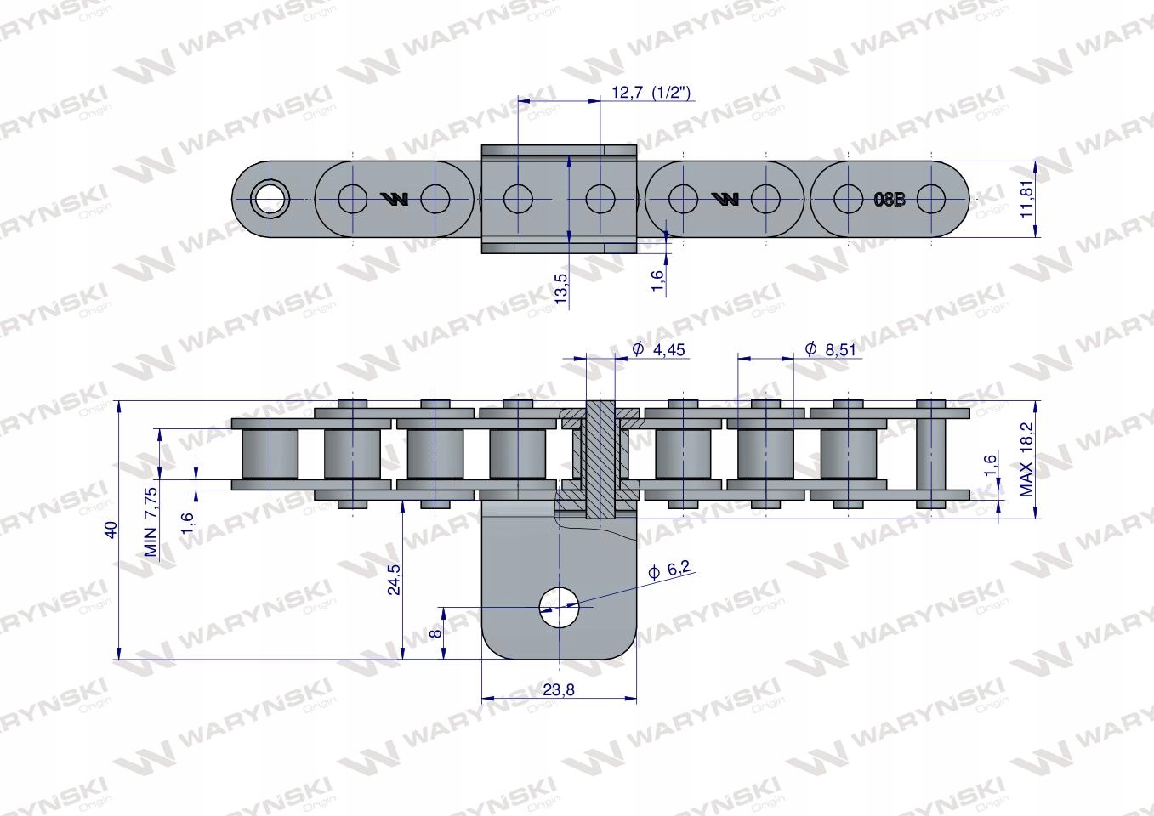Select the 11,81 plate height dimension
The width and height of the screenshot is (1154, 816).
click(x=1029, y=199)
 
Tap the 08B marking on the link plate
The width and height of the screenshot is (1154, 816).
click(x=890, y=201)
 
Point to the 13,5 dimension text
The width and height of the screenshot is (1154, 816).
click(x=560, y=290)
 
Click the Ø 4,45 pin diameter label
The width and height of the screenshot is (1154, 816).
click(x=660, y=349)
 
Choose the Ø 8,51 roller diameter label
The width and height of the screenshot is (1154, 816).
click(x=830, y=349)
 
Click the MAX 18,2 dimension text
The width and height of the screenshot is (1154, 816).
click(x=1026, y=467)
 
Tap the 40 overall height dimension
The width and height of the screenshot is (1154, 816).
click(x=110, y=530)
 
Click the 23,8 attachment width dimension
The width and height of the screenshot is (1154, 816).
click(x=559, y=690)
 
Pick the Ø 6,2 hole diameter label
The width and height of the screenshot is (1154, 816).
click(x=668, y=572)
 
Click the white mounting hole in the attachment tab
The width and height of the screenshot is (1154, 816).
click(x=559, y=608)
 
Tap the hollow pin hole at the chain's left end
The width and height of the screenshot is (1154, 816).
click(x=270, y=200)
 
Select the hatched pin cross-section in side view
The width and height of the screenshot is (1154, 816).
click(x=600, y=459)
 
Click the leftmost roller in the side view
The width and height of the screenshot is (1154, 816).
click(x=270, y=455)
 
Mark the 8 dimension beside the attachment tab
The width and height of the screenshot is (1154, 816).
click(x=435, y=632)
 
